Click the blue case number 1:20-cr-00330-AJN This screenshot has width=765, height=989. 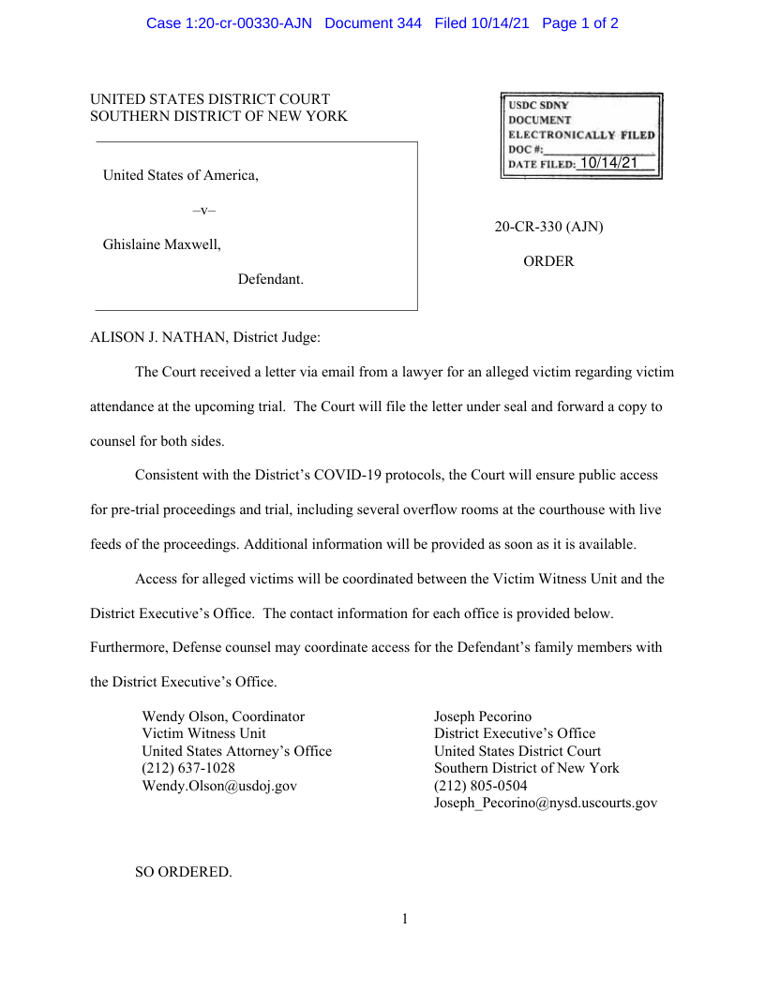(x=229, y=23)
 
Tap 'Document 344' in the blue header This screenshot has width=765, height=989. (x=373, y=23)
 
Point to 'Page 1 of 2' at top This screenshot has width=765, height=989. (x=579, y=23)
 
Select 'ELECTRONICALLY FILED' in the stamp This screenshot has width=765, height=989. (x=581, y=135)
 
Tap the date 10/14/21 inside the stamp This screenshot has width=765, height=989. (x=608, y=163)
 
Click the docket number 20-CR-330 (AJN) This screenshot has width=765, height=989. (x=548, y=227)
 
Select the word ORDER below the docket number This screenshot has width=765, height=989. (x=548, y=261)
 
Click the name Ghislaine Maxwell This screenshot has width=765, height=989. (x=161, y=244)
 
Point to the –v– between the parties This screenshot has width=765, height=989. (x=203, y=211)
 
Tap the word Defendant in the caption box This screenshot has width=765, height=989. (x=270, y=279)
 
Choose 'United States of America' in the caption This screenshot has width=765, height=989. (x=180, y=175)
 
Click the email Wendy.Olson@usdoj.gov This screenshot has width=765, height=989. (x=219, y=786)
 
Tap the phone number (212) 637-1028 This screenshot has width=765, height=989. (x=188, y=768)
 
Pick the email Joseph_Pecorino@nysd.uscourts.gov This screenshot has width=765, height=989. (x=546, y=803)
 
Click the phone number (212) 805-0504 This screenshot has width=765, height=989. (x=480, y=786)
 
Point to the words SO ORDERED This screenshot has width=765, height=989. (x=183, y=872)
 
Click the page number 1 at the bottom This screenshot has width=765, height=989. (x=405, y=919)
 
